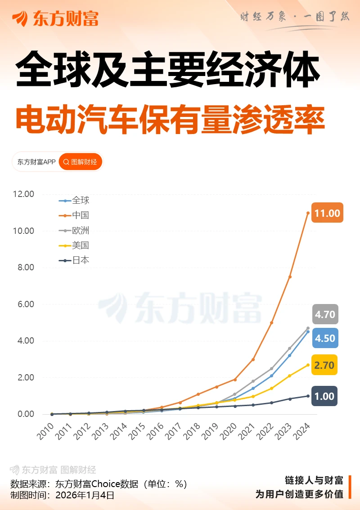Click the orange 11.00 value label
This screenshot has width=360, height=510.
tap(327, 213)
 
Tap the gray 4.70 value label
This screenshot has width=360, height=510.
tap(325, 314)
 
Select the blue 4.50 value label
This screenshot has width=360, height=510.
tap(325, 338)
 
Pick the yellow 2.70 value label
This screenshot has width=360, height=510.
tap(324, 365)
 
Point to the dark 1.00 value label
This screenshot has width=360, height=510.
tap(324, 397)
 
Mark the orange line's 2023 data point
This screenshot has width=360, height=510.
tap(290, 277)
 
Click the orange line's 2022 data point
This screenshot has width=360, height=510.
tap(271, 322)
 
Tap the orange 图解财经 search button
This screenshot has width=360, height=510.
tap(81, 162)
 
